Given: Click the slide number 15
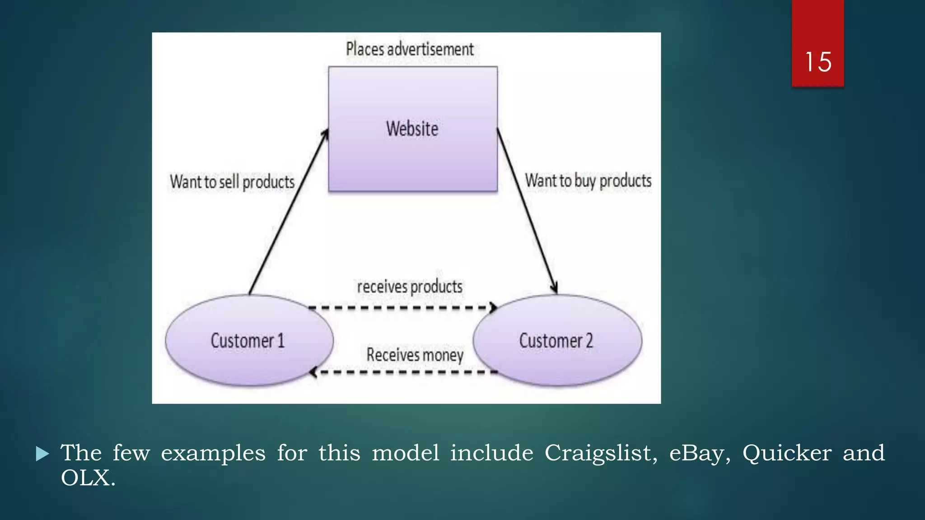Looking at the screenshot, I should pos(818,62).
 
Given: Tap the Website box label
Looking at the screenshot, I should pos(412,129).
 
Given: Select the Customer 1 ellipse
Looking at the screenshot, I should pos(248,340).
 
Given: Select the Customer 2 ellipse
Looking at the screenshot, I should pos(556,340).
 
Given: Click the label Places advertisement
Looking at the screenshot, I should pos(410,49).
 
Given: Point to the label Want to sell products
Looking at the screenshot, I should pos(232,182).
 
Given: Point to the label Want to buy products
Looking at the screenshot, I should pos(588,181).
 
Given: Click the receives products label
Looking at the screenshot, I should pos(410,287).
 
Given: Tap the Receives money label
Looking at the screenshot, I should pos(415,355).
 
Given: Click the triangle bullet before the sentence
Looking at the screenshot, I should pos(42,454).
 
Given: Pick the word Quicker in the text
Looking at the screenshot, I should pos(787,453).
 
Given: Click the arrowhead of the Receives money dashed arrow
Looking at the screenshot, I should pos(313,372).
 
